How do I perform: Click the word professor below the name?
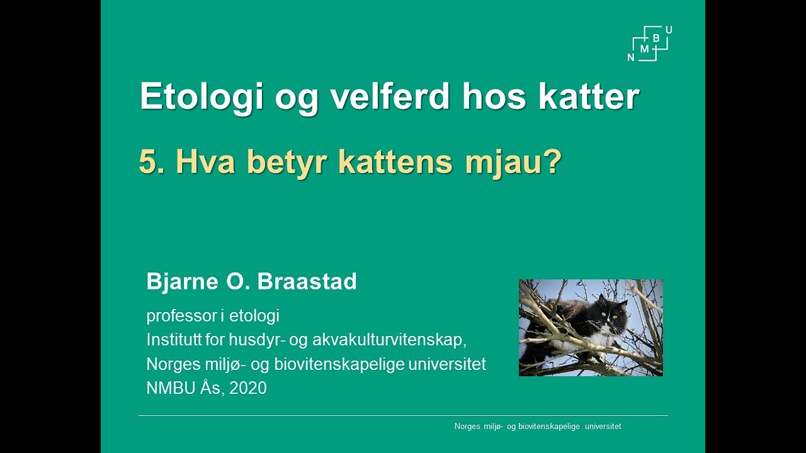pyautogui.click(x=181, y=316)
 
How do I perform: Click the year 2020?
pyautogui.click(x=248, y=388)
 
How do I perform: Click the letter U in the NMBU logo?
pyautogui.click(x=668, y=30)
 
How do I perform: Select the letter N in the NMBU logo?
pyautogui.click(x=631, y=57)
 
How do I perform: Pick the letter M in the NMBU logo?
pyautogui.click(x=644, y=48)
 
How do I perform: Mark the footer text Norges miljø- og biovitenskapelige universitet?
pyautogui.click(x=538, y=427)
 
